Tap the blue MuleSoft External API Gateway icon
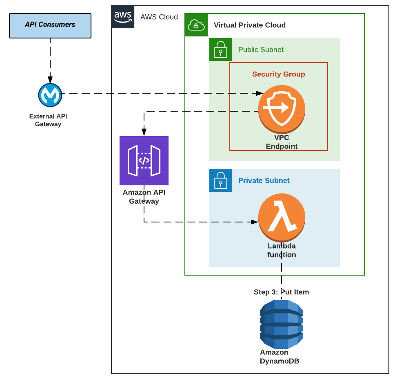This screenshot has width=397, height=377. (50, 95)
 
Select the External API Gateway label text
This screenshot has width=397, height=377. (48, 120)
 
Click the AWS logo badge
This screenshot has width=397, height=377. (123, 17)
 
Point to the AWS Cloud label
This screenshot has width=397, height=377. (159, 17)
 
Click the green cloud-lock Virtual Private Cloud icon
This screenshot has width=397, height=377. (196, 25)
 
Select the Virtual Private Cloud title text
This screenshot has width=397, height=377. (249, 25)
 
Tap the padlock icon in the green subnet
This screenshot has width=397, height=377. (221, 49)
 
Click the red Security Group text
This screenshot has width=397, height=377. (278, 74)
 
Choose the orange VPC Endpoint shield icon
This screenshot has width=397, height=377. (282, 108)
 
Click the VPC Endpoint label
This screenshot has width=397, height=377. (282, 142)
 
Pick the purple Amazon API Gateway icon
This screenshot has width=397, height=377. (144, 161)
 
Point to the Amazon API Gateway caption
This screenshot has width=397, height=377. (144, 197)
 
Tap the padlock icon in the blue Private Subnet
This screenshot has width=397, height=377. (221, 180)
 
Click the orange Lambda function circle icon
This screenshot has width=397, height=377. (282, 217)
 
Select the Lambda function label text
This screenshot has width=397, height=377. (282, 250)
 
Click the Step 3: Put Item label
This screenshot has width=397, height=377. (281, 292)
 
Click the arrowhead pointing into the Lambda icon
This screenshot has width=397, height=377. (255, 222)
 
